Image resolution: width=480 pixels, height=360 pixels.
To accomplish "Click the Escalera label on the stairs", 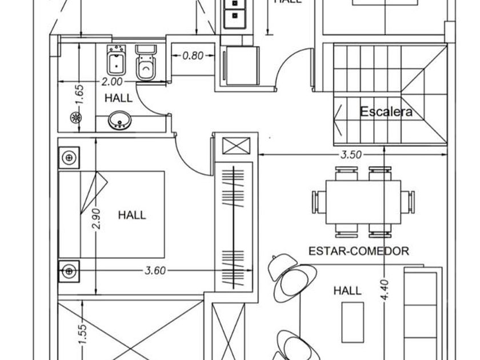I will pos(386,112).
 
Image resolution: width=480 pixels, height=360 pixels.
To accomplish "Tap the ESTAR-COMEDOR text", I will pos(359,250).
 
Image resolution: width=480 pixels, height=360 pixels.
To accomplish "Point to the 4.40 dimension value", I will pos(384,290).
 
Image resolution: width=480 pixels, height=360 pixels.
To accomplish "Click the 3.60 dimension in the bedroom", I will pos(154,270).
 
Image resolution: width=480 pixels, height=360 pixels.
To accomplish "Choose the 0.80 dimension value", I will pos(193,56).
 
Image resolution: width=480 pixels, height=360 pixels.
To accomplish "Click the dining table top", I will pos(363,202).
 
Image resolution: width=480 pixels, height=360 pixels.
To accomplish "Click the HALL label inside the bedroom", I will pos(131,215).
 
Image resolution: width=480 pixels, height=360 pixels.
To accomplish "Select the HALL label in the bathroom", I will pos(118,98).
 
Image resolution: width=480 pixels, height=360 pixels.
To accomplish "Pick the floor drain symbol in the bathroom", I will pos(75,118).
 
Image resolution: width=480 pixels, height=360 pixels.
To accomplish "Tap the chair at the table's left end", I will pos(317,202).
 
